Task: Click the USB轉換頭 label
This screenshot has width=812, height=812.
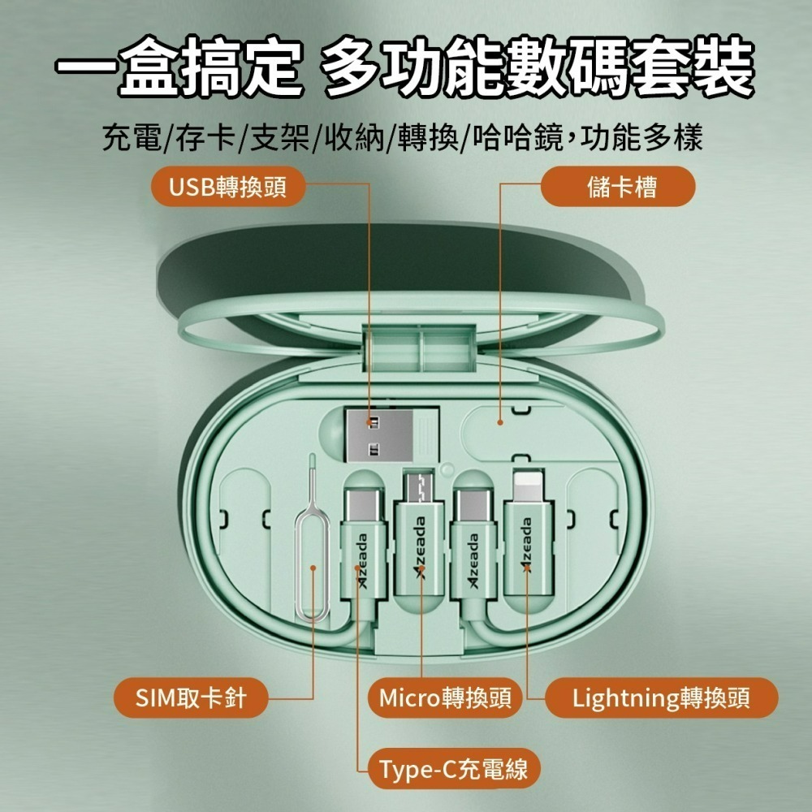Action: (227, 186)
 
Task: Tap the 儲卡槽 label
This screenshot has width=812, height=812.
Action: (622, 186)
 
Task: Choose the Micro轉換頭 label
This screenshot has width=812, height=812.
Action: (444, 698)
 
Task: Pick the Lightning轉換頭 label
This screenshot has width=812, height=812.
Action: (661, 698)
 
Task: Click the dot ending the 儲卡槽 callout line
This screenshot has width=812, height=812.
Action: (501, 421)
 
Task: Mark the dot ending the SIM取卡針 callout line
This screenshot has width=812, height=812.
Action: (313, 569)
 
